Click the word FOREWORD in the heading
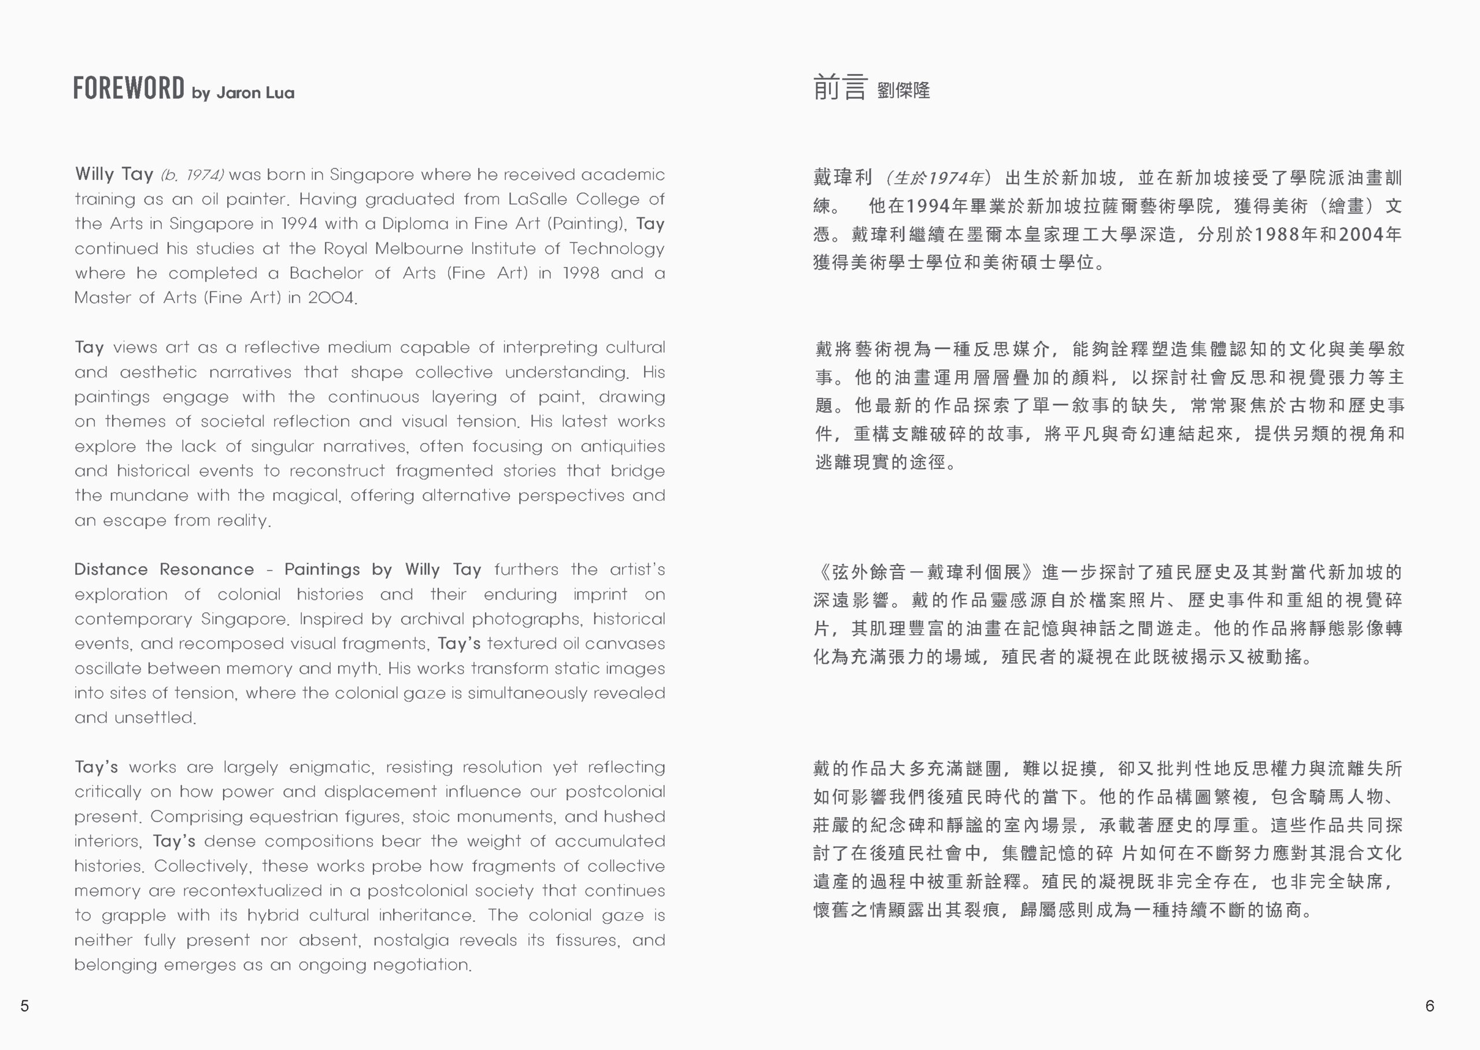coord(128,88)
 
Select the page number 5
coord(24,1005)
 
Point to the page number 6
coord(1430,1005)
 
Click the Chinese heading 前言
coord(839,88)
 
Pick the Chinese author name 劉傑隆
coord(904,91)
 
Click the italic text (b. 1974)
coord(192,175)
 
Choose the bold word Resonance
coord(207,570)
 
